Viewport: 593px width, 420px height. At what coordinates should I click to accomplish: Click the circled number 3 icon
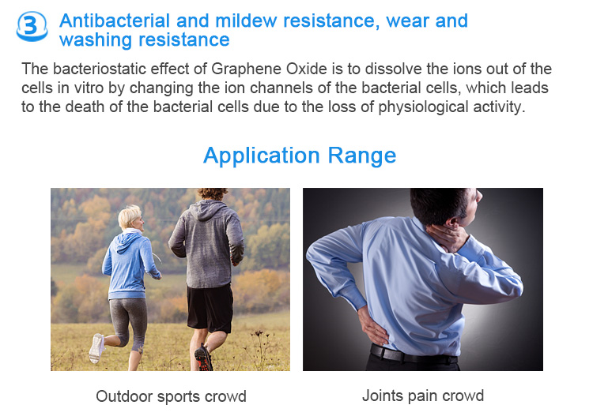32,26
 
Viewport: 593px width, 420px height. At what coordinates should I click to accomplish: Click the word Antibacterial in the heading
114,21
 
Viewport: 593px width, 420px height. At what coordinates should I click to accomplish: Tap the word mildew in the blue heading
246,21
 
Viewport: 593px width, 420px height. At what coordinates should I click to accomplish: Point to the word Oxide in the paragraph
307,69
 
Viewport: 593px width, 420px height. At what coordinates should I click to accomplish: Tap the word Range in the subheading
362,156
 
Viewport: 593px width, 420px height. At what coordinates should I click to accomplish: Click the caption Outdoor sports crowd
171,396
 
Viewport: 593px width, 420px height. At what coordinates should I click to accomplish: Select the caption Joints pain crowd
423,396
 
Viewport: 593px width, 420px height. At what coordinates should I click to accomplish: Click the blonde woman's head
130,218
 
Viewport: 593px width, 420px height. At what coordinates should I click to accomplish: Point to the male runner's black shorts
210,308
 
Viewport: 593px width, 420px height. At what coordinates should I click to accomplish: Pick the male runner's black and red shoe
203,358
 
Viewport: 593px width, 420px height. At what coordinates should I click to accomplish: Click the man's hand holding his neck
448,236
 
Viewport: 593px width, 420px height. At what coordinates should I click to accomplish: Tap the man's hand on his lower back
372,325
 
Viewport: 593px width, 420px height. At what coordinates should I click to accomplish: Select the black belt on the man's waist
414,354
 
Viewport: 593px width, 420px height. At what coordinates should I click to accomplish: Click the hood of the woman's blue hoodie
129,241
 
